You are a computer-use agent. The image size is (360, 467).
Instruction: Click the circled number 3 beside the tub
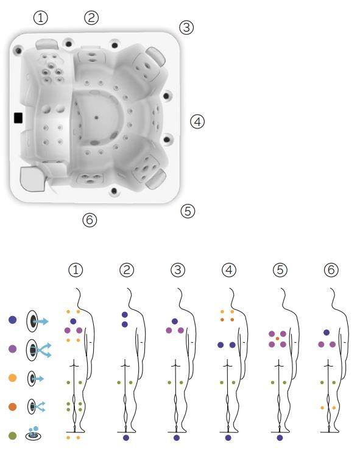click(186, 27)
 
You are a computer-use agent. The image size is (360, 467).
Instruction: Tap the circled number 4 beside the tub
click(197, 122)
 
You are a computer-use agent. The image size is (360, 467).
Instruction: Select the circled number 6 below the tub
click(90, 220)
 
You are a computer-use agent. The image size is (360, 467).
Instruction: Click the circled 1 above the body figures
click(76, 270)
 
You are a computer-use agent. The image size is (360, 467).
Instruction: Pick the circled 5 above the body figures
click(280, 270)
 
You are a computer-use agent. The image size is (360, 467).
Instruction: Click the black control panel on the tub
click(18, 118)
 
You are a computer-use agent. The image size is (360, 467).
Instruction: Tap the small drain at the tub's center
click(96, 118)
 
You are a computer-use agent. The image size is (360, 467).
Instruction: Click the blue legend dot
click(13, 320)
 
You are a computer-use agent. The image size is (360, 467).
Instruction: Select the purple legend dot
click(13, 349)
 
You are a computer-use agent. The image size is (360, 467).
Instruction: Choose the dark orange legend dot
click(13, 407)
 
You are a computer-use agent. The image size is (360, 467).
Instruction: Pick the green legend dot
click(13, 436)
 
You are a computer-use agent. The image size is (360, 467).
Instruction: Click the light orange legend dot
click(13, 378)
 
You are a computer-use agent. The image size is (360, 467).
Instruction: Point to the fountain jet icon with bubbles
click(33, 434)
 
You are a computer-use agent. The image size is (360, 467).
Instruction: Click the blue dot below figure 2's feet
click(126, 438)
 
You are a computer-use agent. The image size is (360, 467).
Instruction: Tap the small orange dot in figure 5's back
click(277, 339)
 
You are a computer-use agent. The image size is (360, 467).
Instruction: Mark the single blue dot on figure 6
click(326, 332)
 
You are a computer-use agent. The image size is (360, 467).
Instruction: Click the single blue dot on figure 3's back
click(175, 321)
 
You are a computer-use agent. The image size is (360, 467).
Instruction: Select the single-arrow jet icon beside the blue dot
click(37, 321)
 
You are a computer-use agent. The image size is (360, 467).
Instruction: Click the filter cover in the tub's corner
click(33, 179)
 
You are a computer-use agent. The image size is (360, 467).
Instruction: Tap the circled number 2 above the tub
click(91, 18)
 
